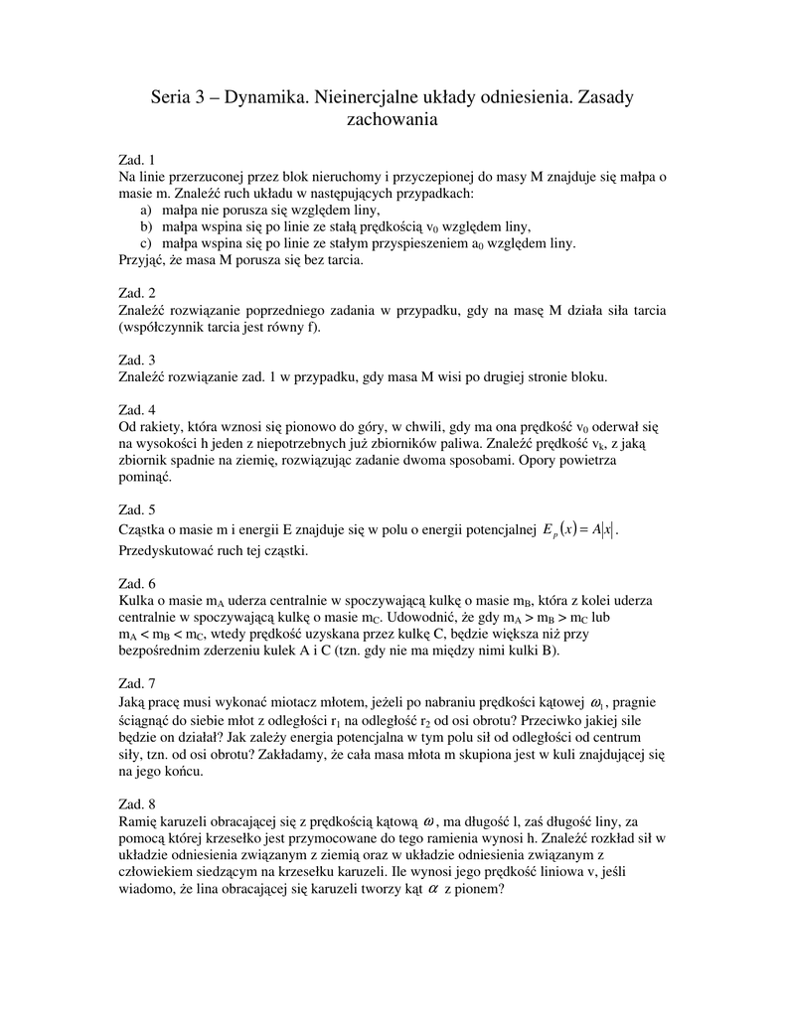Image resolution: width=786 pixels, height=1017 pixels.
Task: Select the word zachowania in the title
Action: pyautogui.click(x=392, y=120)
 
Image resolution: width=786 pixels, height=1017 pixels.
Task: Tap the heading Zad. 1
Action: pyautogui.click(x=137, y=159)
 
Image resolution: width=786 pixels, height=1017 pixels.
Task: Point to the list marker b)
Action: pyautogui.click(x=146, y=226)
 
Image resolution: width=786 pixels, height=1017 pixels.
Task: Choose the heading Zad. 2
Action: pyautogui.click(x=137, y=293)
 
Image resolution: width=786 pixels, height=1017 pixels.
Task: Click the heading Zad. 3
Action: pyautogui.click(x=137, y=360)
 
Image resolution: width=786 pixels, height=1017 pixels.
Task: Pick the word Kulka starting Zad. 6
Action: pyautogui.click(x=134, y=601)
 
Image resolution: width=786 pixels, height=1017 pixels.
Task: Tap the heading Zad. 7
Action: pyautogui.click(x=137, y=684)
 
